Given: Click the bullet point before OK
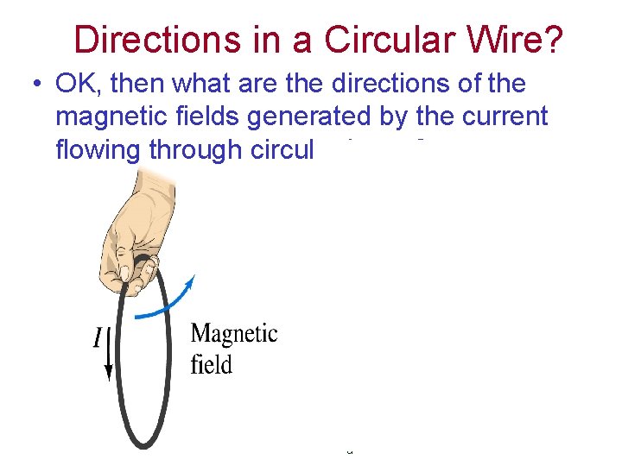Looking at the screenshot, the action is coord(35,85).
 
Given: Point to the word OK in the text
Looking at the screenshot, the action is coord(75,85).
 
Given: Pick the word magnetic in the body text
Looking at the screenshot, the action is coord(112,116).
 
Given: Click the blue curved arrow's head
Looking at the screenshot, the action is coord(192,282).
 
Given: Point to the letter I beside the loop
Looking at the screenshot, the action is coord(98,337).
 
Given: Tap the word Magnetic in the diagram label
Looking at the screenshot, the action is coord(233,334).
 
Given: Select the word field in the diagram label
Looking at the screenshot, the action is coord(211,365).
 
